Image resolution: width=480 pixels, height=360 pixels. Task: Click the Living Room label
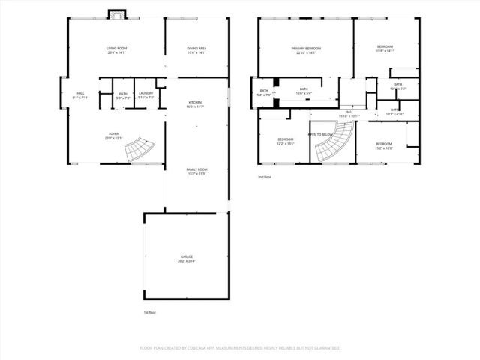coord(116,49)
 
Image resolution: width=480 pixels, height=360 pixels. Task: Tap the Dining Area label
coord(196,49)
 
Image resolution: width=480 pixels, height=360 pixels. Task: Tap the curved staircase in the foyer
coord(139,150)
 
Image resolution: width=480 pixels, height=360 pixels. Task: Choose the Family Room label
coord(196,170)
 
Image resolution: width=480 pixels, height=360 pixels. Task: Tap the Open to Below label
coord(320,134)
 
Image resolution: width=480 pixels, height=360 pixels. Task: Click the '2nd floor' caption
coord(263,177)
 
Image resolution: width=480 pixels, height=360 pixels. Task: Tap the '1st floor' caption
coord(149,312)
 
